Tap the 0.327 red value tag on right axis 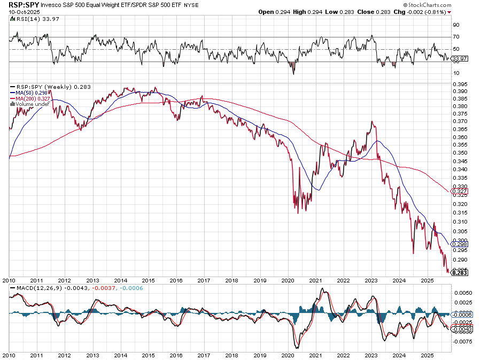pyautogui.click(x=460, y=191)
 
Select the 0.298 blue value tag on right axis pyautogui.click(x=460, y=244)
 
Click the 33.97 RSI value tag pyautogui.click(x=460, y=58)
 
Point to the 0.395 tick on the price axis pyautogui.click(x=459, y=85)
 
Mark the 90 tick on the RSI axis pyautogui.click(x=456, y=25)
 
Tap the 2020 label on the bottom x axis pyautogui.click(x=288, y=355)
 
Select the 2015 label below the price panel pyautogui.click(x=149, y=280)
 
